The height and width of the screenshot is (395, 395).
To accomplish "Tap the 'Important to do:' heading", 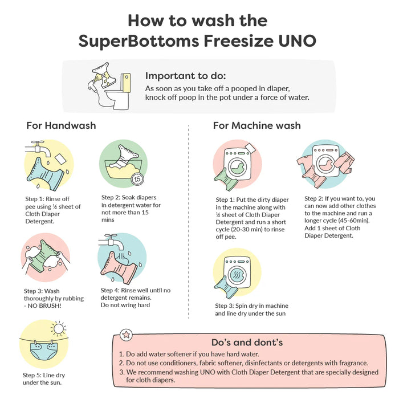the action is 185,76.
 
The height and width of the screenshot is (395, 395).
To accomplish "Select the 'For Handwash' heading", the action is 61,125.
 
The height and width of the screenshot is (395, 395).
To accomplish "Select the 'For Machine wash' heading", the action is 257,125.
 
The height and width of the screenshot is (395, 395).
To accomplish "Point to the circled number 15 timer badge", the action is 137,179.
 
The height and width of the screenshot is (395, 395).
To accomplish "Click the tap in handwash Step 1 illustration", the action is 38,148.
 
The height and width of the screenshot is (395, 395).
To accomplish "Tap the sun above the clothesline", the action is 59,328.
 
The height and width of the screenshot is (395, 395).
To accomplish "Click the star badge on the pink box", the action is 126,335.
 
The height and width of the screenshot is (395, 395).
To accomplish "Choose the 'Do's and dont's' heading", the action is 247,343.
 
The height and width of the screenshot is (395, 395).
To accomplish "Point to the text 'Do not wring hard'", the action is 125,305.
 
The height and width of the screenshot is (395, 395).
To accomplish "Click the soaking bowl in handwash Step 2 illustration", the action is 123,169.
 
